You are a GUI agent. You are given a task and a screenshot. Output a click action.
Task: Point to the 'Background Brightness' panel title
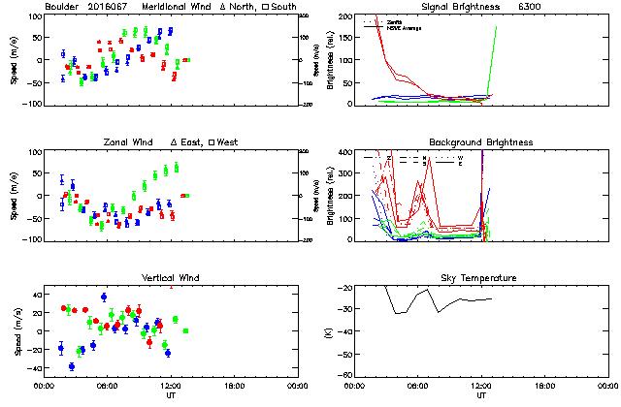481,142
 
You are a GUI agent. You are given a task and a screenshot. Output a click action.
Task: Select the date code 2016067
111,7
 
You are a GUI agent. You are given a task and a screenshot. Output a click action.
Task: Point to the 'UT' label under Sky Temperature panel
481,395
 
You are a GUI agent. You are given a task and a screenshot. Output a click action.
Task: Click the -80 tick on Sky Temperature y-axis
344,375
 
